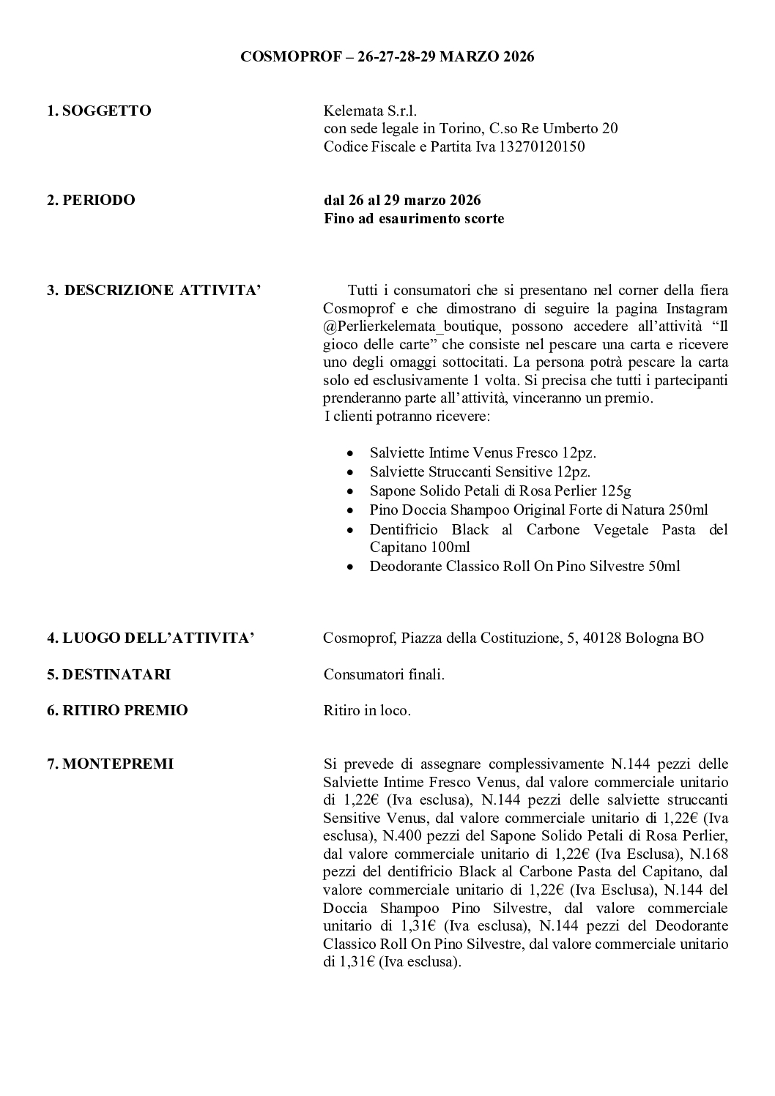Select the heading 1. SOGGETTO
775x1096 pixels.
[99, 111]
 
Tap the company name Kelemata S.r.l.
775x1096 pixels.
[370, 111]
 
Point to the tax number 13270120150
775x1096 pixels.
[542, 146]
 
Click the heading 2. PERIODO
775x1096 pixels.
[91, 200]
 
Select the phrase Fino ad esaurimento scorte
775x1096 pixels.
[414, 218]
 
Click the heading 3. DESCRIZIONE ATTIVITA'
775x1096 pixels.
[154, 290]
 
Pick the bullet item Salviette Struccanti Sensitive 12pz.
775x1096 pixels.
[480, 471]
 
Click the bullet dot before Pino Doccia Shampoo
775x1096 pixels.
[352, 510]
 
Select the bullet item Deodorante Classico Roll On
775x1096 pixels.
[524, 566]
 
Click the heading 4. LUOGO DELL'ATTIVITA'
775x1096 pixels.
[151, 638]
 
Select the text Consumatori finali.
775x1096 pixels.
[384, 674]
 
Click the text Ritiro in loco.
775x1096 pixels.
[367, 709]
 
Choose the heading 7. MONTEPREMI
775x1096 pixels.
[110, 764]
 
